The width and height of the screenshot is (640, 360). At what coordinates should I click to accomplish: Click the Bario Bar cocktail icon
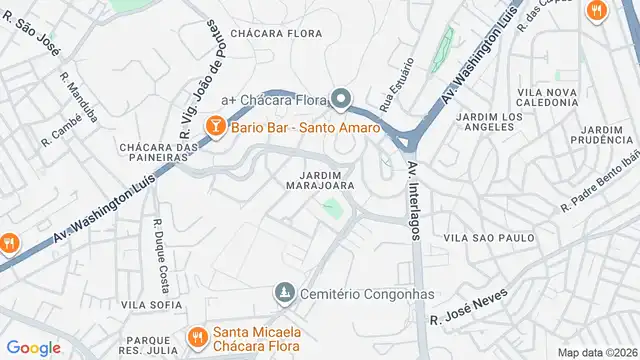(x=214, y=127)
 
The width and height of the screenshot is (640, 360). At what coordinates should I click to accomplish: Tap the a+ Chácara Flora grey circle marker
(x=340, y=99)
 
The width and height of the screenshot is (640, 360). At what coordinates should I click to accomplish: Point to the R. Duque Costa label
(x=160, y=244)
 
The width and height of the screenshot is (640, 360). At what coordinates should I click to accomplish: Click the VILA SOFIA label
(x=146, y=304)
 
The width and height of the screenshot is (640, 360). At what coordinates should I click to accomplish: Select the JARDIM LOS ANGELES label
(x=489, y=123)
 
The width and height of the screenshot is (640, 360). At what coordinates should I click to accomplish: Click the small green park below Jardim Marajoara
(x=331, y=209)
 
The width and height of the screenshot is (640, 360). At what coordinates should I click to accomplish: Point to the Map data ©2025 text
(x=596, y=352)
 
